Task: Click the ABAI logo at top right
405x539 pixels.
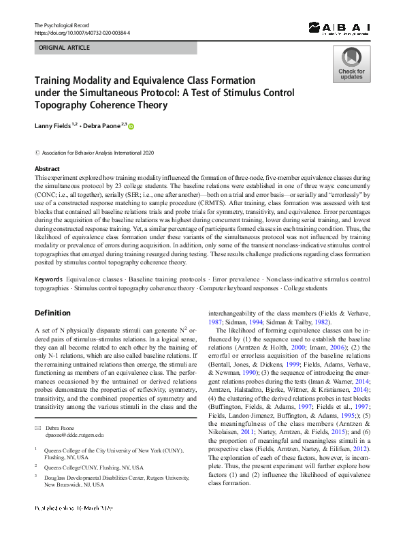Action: [338, 27]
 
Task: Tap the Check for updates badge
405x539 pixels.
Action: [351, 64]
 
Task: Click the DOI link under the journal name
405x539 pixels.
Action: [82, 33]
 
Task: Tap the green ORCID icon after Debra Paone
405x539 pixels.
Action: [131, 126]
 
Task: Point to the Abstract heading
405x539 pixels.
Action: [46, 168]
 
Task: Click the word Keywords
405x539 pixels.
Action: [48, 279]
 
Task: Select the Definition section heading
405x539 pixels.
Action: [52, 313]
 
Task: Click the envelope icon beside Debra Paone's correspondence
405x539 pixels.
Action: [38, 407]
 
